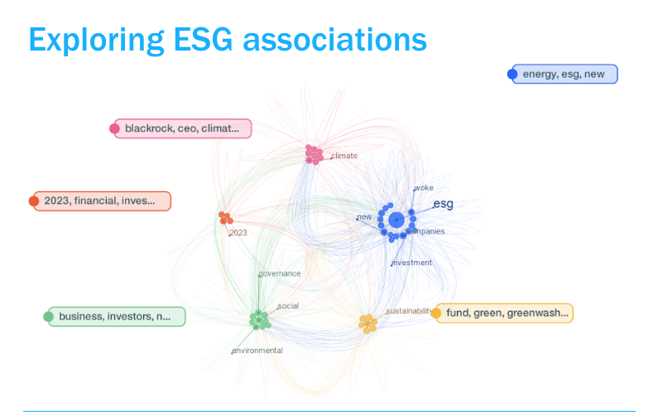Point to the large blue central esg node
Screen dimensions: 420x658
tap(396, 220)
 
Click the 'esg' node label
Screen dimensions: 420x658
tap(443, 204)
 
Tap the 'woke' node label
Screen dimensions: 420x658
tap(424, 188)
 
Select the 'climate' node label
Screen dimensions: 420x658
tap(344, 156)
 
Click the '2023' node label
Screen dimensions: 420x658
tap(238, 233)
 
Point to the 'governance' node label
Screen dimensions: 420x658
tap(280, 273)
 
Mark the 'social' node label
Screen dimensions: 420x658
tap(288, 306)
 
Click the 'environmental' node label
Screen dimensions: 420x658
tap(257, 350)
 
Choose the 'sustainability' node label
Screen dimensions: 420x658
tap(409, 311)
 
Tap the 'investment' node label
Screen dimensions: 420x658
tap(412, 263)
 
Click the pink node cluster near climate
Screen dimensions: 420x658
tap(314, 154)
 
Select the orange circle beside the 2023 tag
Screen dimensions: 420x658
tap(34, 200)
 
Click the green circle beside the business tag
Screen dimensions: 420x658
tap(48, 316)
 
